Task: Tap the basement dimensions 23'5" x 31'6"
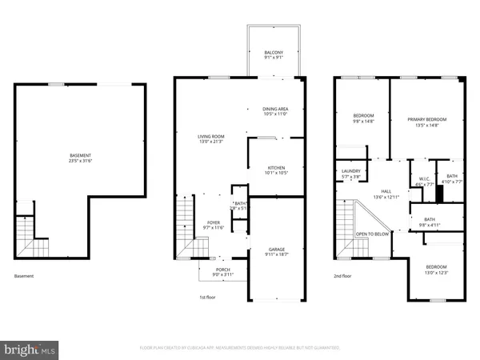[x=79, y=161]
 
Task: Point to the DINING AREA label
[x=275, y=109]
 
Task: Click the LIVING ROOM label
[x=211, y=136]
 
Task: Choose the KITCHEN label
[x=275, y=167]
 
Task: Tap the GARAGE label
[x=274, y=248]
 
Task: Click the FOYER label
[x=214, y=223]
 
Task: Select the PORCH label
[x=223, y=270]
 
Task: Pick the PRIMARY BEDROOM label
[x=426, y=119]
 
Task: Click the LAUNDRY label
[x=351, y=170]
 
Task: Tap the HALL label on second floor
[x=386, y=191]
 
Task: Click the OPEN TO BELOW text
[x=372, y=234]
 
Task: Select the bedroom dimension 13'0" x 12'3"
[x=436, y=272]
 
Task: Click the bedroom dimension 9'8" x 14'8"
[x=363, y=121]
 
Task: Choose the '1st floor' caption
[x=207, y=296]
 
